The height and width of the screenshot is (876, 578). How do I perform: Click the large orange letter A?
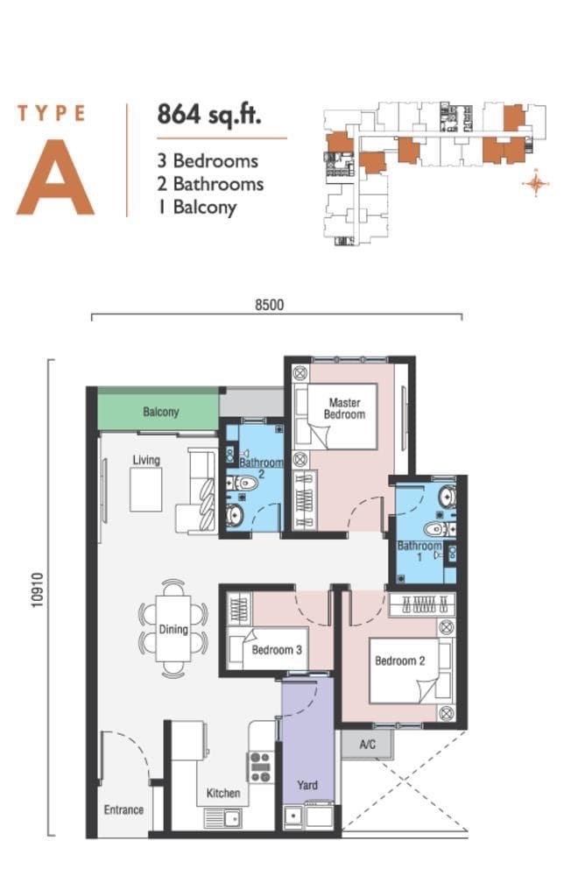(55, 178)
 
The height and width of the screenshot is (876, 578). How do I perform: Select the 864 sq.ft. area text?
(209, 115)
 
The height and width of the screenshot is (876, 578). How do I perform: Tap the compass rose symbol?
(536, 183)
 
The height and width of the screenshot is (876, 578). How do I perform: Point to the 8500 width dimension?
(270, 305)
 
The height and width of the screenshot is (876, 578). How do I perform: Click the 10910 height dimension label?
(38, 590)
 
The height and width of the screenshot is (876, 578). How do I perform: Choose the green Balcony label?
(161, 413)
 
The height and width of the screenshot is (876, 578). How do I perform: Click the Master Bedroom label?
(344, 408)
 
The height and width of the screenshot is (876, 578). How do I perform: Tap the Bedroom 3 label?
(277, 650)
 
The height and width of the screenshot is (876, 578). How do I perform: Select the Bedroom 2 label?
(400, 661)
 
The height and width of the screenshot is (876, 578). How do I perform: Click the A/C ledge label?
(368, 745)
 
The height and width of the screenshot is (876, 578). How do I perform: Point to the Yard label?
(307, 785)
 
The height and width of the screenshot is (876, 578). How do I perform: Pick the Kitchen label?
(223, 794)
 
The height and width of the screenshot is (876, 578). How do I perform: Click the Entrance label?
(123, 809)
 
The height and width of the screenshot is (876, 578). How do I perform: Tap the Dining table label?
(173, 629)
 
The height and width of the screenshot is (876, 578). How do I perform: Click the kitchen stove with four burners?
(261, 767)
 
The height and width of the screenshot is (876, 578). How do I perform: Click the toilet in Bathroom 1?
(439, 528)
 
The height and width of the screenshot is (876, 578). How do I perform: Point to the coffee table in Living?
(146, 490)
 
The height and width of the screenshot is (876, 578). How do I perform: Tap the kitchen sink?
(223, 818)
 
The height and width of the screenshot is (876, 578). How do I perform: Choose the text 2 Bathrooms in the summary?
(210, 184)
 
